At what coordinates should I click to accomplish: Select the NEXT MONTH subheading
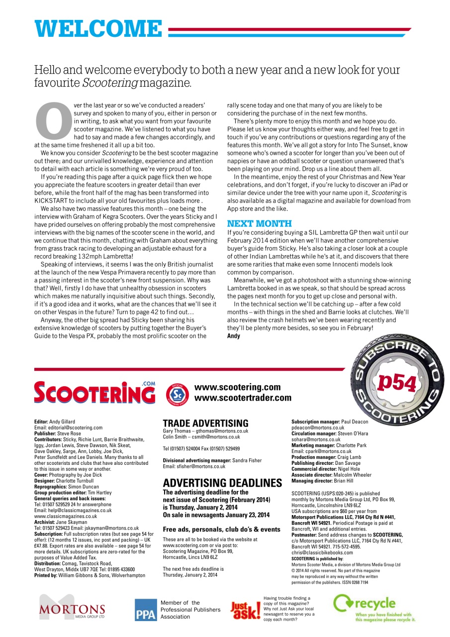click(259, 223)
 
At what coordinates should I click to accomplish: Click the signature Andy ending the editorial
click(234, 336)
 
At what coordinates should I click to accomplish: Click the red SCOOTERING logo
click(94, 393)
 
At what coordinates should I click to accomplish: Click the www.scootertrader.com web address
click(243, 398)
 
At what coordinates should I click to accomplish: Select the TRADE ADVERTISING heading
click(205, 424)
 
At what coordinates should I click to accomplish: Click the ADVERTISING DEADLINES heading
click(222, 483)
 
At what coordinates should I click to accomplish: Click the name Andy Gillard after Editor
click(62, 422)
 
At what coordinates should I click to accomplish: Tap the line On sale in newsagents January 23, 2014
click(216, 515)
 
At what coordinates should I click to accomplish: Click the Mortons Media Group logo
click(73, 608)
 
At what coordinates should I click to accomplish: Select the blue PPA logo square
click(145, 610)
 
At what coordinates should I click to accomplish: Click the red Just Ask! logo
click(245, 610)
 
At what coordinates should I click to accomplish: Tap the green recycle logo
click(374, 608)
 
